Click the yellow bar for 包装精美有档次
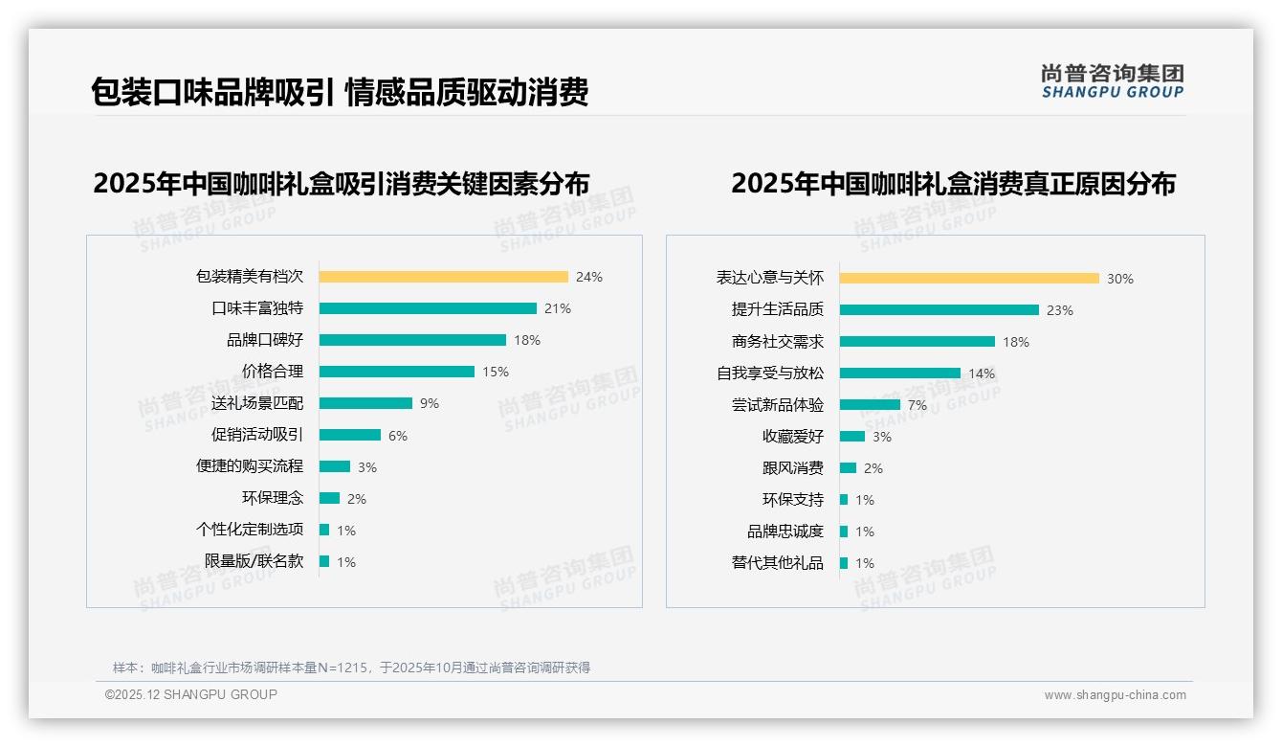point(443,277)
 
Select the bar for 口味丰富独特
point(428,308)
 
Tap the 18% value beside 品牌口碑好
point(527,340)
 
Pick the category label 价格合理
point(273,372)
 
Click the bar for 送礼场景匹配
point(365,403)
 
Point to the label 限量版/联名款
point(254,561)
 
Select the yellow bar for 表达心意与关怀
point(969,279)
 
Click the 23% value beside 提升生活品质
point(1060,310)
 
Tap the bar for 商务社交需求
point(917,342)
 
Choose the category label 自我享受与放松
point(770,373)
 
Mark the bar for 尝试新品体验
point(870,405)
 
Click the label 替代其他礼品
point(778,563)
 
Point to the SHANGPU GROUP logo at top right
point(1113,81)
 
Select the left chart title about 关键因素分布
point(341,183)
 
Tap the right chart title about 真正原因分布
point(953,183)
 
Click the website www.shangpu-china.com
point(1115,695)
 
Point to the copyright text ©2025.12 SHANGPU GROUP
point(191,694)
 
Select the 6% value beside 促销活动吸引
point(398,436)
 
